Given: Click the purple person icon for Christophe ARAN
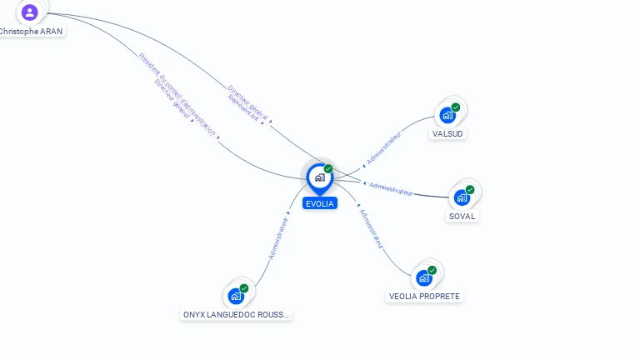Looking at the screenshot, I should tap(30, 12).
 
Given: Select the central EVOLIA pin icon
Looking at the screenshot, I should tap(319, 177).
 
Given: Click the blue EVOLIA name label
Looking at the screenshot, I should tap(320, 203).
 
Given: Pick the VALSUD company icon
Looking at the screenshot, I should tap(448, 115).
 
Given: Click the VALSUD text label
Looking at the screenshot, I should tap(448, 133).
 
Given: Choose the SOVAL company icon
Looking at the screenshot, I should tap(462, 197).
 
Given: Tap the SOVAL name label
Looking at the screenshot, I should tap(462, 217).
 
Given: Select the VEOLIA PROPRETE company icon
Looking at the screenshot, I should tap(424, 277).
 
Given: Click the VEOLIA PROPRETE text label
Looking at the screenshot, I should tap(424, 297).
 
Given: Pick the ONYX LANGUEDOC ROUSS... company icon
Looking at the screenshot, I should tap(236, 296).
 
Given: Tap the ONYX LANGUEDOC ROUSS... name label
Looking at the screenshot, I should tap(237, 315).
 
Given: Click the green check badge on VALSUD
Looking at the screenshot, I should tap(456, 107).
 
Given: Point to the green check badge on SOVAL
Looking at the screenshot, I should tap(470, 190).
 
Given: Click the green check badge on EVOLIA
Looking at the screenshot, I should tap(328, 169).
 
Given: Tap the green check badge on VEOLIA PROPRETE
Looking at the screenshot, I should tap(432, 270).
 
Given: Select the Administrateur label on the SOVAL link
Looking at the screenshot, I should tap(391, 189).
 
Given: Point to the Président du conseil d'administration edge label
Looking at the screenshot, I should tap(177, 94).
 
